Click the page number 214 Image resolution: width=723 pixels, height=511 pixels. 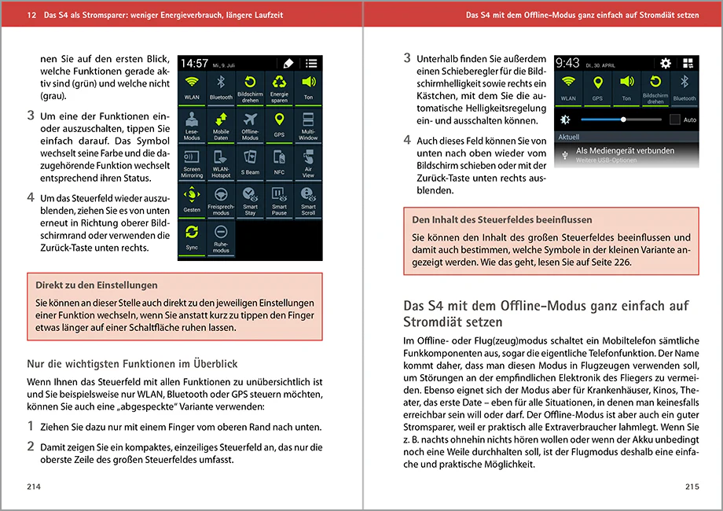(x=34, y=487)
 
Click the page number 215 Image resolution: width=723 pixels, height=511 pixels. (x=692, y=487)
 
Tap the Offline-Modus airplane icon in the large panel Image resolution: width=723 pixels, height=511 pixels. (x=250, y=119)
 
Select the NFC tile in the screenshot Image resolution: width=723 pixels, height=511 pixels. (x=279, y=162)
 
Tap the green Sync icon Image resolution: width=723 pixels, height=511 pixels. (x=192, y=231)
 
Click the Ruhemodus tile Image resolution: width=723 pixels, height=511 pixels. (x=221, y=238)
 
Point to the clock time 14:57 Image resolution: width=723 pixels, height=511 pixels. (x=194, y=63)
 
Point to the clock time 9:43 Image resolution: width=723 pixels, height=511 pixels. (x=567, y=63)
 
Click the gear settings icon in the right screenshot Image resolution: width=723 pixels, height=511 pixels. (x=666, y=63)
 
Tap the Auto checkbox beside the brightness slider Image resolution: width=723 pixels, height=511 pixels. (x=674, y=119)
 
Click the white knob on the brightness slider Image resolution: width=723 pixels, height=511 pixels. (x=623, y=119)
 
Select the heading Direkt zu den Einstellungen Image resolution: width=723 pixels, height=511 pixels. (x=97, y=285)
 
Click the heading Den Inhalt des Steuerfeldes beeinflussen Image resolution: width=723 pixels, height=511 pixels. (x=501, y=219)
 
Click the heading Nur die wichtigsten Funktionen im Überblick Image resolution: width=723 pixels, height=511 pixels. (x=132, y=364)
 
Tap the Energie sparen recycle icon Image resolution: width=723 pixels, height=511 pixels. (x=279, y=82)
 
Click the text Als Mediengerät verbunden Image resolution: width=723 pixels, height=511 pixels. (x=625, y=151)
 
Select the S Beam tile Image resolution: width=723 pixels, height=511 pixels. (x=250, y=162)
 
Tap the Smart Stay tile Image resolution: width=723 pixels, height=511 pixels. (x=250, y=200)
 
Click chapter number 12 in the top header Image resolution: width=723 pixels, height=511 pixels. (x=31, y=15)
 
